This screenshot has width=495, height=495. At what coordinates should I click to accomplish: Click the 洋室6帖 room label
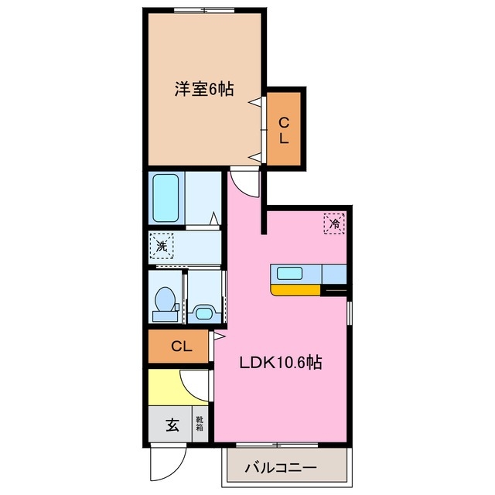tap(204, 89)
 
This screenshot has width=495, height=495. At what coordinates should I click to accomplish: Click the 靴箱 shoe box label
tap(199, 424)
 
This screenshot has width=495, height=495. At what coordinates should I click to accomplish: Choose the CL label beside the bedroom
tap(284, 130)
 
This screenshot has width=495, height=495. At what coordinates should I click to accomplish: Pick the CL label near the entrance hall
tap(179, 346)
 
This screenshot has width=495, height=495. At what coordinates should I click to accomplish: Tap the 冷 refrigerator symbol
tap(335, 223)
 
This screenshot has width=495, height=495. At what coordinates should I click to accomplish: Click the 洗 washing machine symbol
tap(162, 247)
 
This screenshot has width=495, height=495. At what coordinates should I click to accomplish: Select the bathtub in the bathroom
tap(166, 198)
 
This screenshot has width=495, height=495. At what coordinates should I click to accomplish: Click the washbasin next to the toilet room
tap(203, 312)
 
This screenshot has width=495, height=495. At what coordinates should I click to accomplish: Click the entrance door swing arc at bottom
tap(164, 464)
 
